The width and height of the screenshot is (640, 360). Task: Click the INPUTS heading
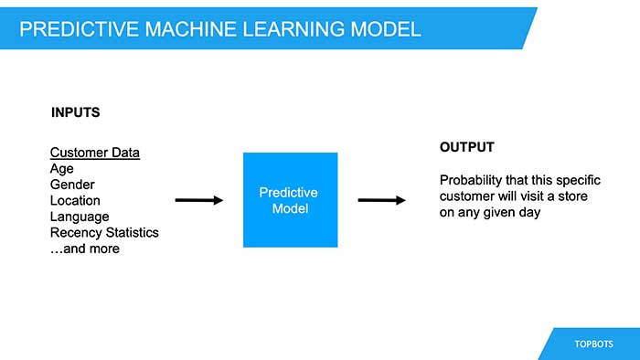[75, 113]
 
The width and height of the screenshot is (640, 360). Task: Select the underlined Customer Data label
[95, 153]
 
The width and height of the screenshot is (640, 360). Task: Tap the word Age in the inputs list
[62, 169]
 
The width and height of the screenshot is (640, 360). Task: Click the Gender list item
[72, 185]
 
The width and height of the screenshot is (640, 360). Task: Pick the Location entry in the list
[75, 200]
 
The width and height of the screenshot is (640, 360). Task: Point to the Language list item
[80, 217]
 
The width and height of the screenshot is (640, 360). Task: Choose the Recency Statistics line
[104, 232]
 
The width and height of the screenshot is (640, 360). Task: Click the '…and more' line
[84, 249]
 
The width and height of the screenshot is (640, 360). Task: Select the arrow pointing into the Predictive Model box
[198, 200]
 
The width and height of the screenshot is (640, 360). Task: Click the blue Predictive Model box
[290, 200]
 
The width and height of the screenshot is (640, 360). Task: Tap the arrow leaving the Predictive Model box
[381, 200]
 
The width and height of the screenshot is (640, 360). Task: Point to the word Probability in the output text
[472, 180]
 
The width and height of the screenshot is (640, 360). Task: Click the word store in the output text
[570, 196]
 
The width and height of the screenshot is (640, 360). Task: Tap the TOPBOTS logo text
[594, 344]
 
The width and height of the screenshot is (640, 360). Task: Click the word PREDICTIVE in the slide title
[76, 29]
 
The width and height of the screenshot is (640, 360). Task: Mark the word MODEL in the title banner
[388, 29]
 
